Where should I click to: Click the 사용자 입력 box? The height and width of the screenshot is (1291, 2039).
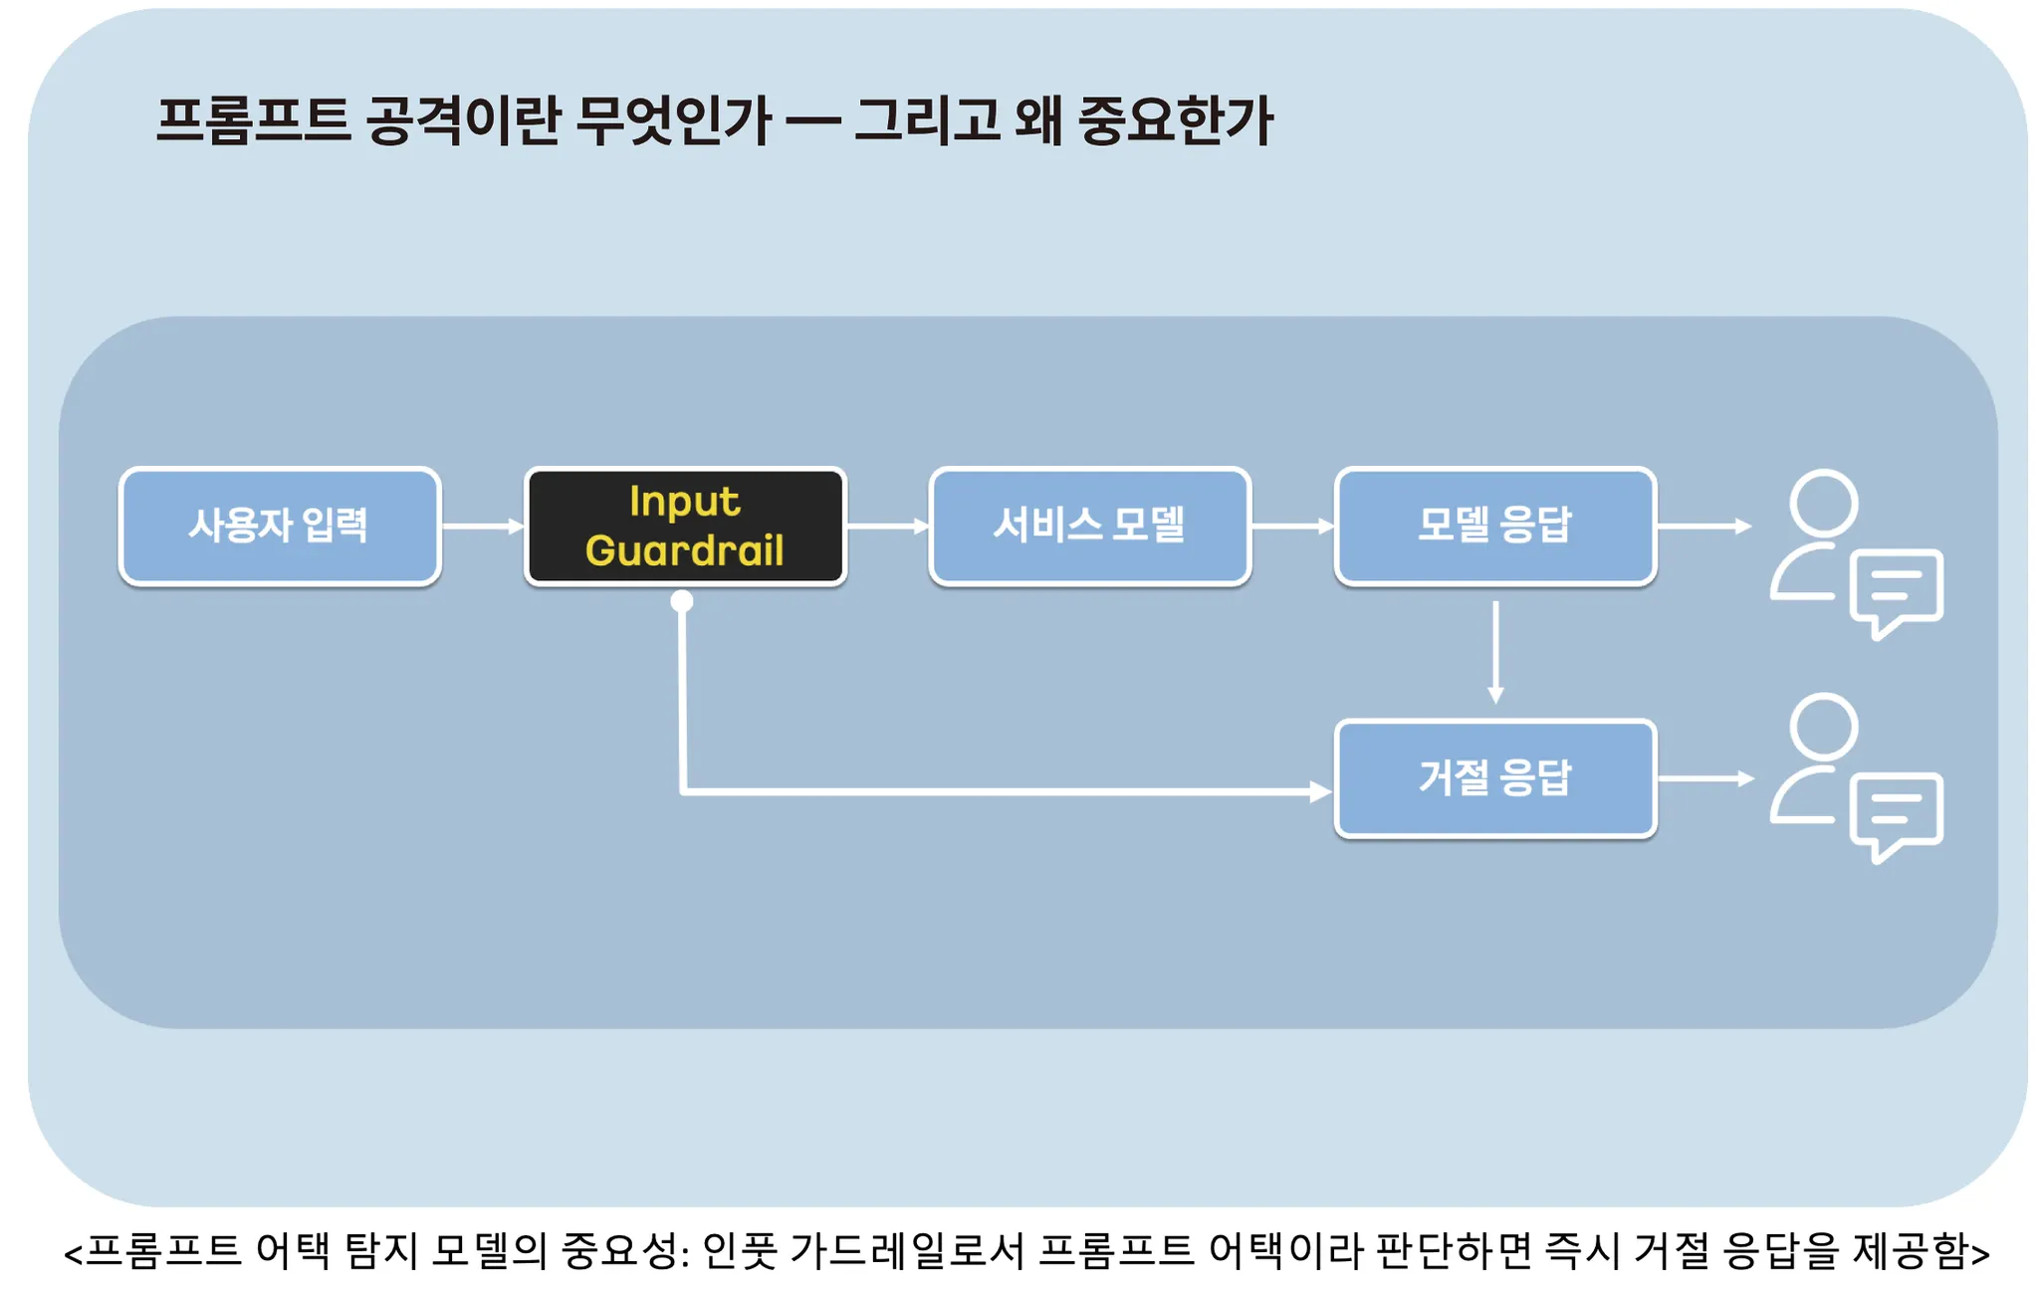(x=280, y=526)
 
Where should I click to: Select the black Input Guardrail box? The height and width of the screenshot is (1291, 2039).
(x=685, y=526)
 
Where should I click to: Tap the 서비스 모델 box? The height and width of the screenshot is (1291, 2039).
(x=1089, y=526)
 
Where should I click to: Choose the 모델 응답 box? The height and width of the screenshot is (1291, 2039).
(x=1495, y=526)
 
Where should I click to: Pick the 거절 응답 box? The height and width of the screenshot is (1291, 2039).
(x=1495, y=778)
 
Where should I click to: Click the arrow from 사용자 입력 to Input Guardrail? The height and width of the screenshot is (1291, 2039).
(x=482, y=526)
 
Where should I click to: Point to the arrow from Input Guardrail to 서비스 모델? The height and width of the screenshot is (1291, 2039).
(x=887, y=526)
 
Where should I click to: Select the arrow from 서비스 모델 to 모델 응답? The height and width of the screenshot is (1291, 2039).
(x=1292, y=526)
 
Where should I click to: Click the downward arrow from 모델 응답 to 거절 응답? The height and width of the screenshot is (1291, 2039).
(x=1495, y=652)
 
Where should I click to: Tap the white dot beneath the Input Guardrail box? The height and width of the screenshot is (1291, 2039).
(x=682, y=601)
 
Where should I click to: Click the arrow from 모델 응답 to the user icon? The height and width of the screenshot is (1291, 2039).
(x=1703, y=526)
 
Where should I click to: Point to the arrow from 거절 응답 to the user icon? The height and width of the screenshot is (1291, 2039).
(x=1705, y=778)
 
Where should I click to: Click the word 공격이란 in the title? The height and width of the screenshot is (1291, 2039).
(x=463, y=120)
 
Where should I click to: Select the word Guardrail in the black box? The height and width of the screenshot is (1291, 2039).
(x=685, y=550)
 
